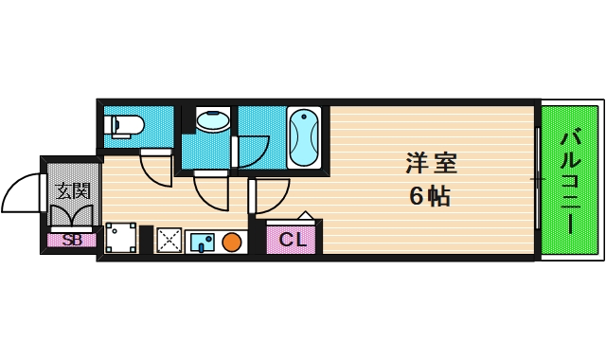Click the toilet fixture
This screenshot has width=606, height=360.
tap(123, 125)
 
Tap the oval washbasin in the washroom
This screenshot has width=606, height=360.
tap(212, 120)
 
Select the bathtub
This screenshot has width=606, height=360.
tap(303, 138)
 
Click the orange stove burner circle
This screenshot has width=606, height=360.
tap(232, 242)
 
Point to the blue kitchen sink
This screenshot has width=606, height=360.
tap(202, 242)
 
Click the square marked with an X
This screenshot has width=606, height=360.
tap(169, 241)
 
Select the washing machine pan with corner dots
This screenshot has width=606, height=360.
tap(120, 239)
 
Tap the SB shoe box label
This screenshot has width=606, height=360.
tap(72, 241)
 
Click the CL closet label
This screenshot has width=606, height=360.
tap(293, 240)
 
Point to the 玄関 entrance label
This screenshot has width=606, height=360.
tap(72, 190)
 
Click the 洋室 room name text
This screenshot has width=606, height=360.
tap(431, 163)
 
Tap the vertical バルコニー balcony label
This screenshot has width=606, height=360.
tap(569, 180)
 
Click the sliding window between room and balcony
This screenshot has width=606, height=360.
tap(537, 179)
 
